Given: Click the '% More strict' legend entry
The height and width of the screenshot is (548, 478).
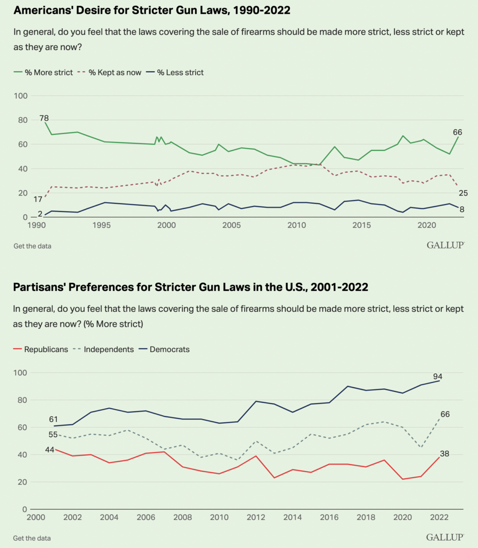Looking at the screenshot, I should pos(43,72).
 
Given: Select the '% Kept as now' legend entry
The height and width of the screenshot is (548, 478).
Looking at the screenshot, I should pos(110,72).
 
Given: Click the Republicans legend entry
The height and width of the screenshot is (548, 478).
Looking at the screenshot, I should pos(41,349).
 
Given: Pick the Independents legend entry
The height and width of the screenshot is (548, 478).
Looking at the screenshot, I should pos(103,349).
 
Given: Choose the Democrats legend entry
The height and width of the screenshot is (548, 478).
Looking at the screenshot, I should pos(164,349).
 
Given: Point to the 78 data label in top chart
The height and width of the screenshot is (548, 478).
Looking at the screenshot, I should pos(44,118).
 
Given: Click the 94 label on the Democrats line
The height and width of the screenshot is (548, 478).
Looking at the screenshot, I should pos(438,376).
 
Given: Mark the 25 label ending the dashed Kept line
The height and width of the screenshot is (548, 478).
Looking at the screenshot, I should pos(463,193).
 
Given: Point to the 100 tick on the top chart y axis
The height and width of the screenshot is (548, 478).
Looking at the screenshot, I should pos(22,96).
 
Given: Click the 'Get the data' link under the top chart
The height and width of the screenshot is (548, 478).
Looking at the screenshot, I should pos(32,246).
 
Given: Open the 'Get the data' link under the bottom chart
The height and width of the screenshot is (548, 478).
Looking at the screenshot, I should pos(32,538).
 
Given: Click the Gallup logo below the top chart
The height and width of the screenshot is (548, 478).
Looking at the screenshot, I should pos(445,245).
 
